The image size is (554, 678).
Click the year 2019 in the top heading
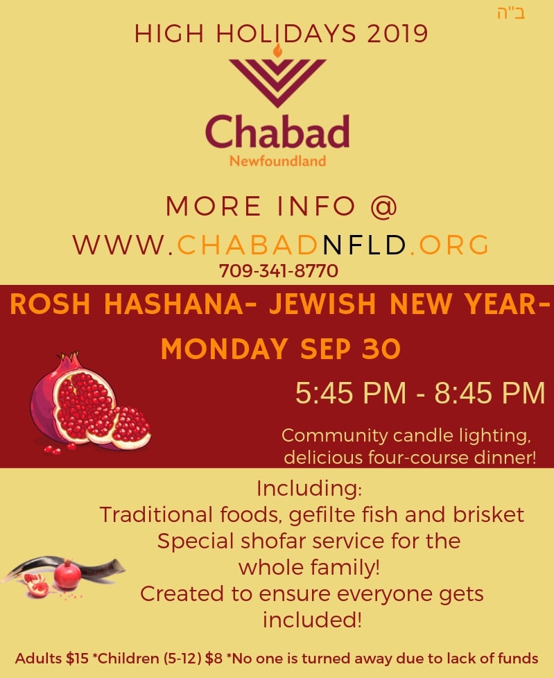(x=397, y=34)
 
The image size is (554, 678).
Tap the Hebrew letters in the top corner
(x=511, y=13)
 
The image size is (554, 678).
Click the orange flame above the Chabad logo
(x=277, y=50)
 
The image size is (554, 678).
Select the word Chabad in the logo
(x=277, y=131)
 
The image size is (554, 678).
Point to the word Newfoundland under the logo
(x=277, y=162)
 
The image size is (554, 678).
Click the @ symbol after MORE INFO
(x=383, y=206)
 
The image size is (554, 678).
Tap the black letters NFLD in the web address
(x=364, y=245)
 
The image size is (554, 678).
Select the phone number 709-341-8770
(x=279, y=271)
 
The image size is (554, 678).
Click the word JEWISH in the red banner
(x=322, y=304)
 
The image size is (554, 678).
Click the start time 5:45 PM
(x=351, y=393)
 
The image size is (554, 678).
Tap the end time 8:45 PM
(x=490, y=393)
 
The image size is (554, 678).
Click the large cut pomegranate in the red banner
(x=90, y=403)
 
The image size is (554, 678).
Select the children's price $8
(x=214, y=659)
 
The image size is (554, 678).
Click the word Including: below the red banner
(x=309, y=489)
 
